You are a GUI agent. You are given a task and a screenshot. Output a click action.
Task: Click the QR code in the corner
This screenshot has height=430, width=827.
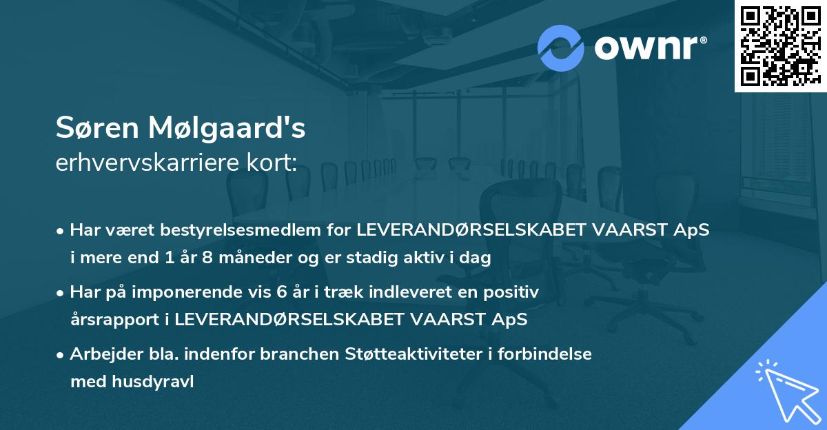tap(780, 46)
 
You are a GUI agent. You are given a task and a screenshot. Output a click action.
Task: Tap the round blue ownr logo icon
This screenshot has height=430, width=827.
tap(561, 48)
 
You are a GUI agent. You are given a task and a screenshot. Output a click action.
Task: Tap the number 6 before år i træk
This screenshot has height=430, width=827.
tap(281, 292)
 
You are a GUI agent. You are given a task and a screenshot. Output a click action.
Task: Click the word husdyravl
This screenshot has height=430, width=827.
tap(152, 382)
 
